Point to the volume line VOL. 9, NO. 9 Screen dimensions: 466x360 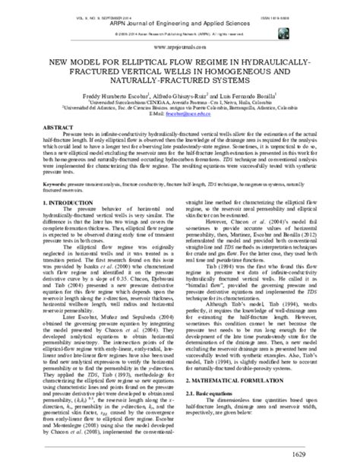[69, 7]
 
